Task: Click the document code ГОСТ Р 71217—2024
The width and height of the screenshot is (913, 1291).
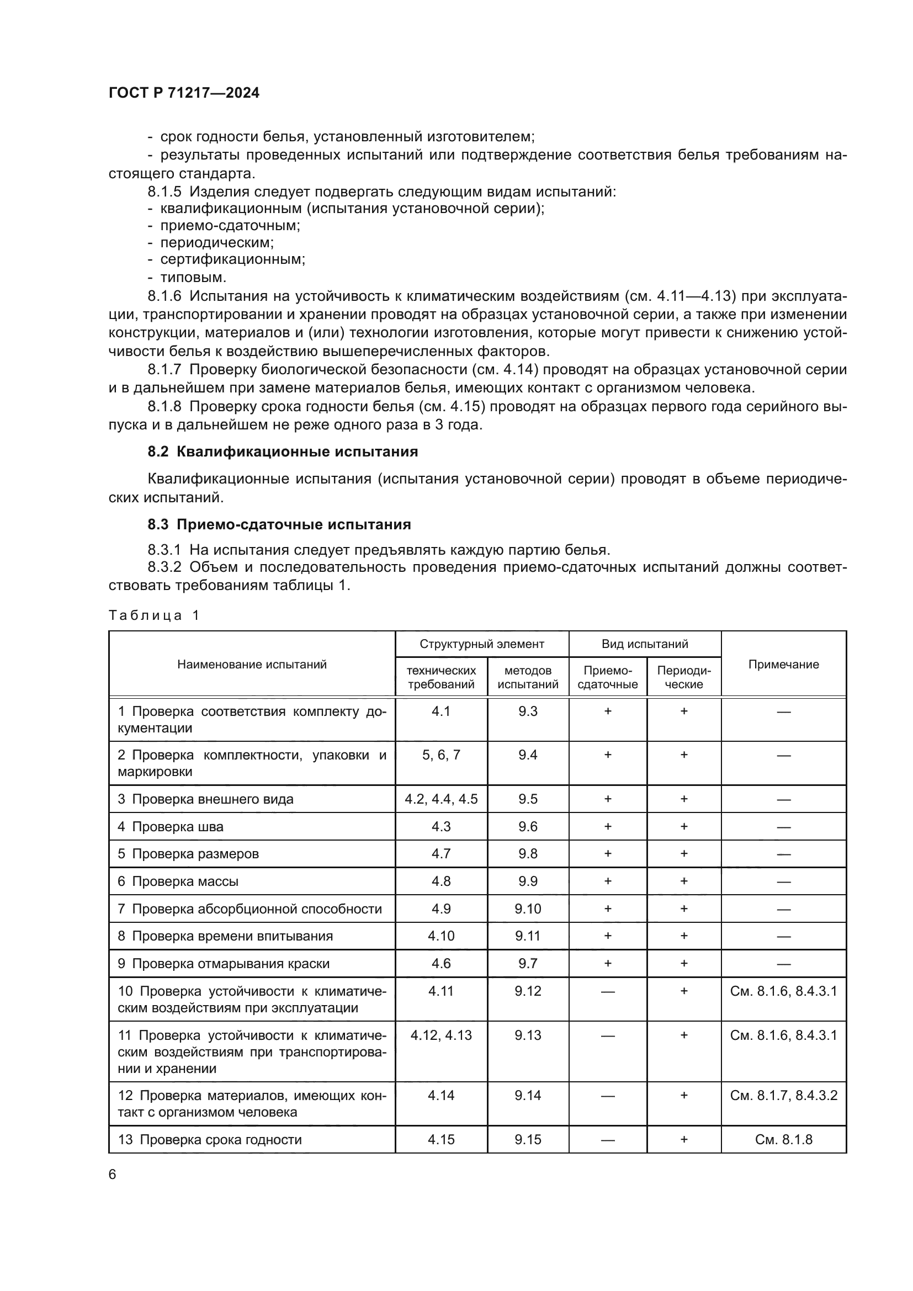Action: point(184,93)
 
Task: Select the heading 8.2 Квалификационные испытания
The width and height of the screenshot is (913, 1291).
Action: point(283,451)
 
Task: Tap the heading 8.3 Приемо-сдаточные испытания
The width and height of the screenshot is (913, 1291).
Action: point(279,524)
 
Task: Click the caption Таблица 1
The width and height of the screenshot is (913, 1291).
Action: point(154,615)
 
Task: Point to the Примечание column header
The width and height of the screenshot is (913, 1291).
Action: point(783,664)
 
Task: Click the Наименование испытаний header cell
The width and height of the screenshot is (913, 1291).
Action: point(252,664)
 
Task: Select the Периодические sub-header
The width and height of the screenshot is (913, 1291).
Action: point(683,677)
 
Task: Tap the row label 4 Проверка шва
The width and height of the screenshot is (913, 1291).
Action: point(171,827)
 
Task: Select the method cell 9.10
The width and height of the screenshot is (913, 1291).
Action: point(527,909)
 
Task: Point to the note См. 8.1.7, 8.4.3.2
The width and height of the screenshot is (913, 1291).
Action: point(783,1095)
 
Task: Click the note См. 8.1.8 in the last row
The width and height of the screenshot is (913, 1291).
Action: point(783,1139)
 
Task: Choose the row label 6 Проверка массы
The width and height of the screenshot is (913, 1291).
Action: point(178,881)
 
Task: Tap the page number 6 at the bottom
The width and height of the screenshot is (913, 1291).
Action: point(113,1174)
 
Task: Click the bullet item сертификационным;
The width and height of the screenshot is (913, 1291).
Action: point(232,259)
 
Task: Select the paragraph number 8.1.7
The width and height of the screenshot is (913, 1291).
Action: point(164,369)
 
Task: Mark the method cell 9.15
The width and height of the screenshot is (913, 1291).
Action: point(527,1139)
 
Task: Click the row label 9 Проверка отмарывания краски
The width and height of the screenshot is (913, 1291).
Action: point(224,963)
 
